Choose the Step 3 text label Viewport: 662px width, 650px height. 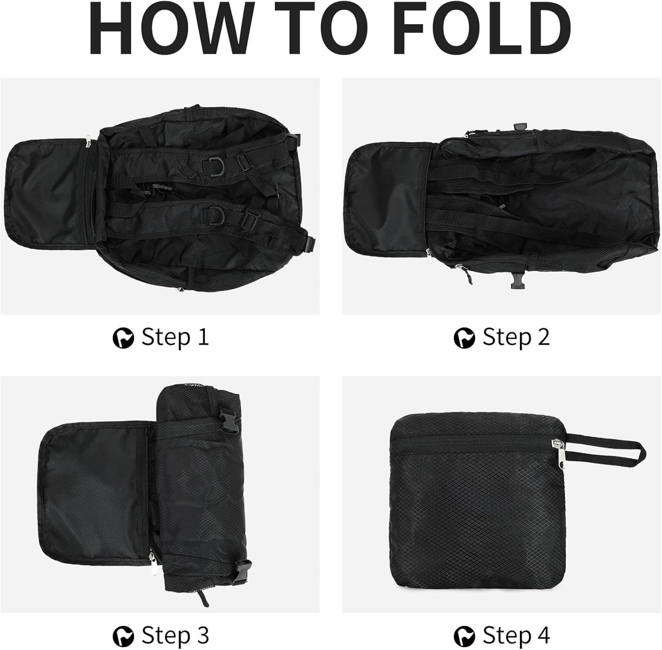pos(175,636)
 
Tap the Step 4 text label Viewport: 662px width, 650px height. pos(516,636)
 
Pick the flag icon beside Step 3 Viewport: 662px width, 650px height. pos(123,637)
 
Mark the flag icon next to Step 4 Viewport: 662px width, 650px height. pos(464,637)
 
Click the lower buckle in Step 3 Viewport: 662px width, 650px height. pos(243,571)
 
